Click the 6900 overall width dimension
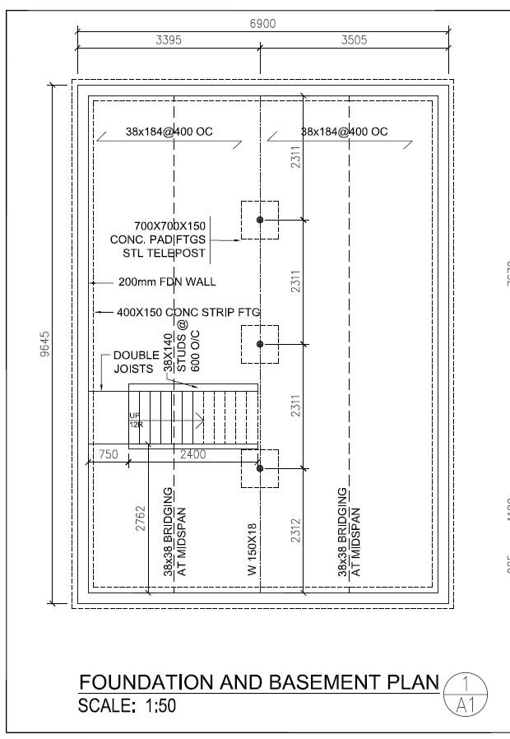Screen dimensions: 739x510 [x=262, y=24]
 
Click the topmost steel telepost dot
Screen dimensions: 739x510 [x=260, y=220]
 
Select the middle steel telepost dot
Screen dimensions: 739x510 [x=260, y=344]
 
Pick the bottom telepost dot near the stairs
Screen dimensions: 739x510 [x=260, y=468]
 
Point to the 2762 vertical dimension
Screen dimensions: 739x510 [x=140, y=521]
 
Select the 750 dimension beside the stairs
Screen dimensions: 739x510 [x=109, y=453]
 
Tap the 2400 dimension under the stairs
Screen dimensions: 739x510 [x=194, y=453]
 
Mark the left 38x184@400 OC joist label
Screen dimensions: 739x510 [x=169, y=132]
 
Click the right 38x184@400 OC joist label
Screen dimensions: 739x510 [x=344, y=132]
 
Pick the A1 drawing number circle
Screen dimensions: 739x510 [x=466, y=693]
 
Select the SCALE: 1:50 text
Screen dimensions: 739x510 [x=127, y=706]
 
